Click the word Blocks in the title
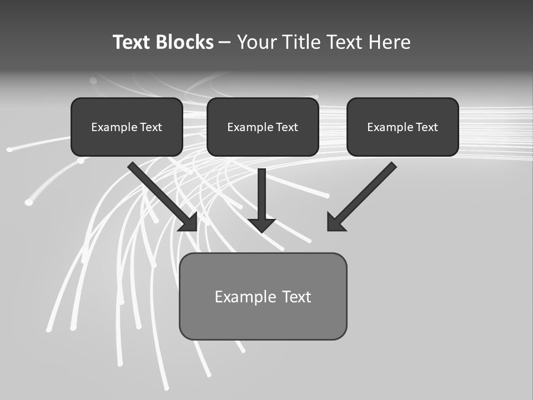click(x=184, y=42)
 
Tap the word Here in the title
click(x=389, y=42)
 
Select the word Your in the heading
click(x=257, y=42)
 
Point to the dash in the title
click(x=225, y=43)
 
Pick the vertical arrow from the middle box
click(x=262, y=194)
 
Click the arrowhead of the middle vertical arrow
click(x=262, y=224)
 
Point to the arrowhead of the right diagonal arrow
click(x=335, y=222)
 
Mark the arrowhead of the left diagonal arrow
click(x=189, y=222)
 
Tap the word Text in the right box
click(x=426, y=127)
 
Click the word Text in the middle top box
click(x=286, y=127)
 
